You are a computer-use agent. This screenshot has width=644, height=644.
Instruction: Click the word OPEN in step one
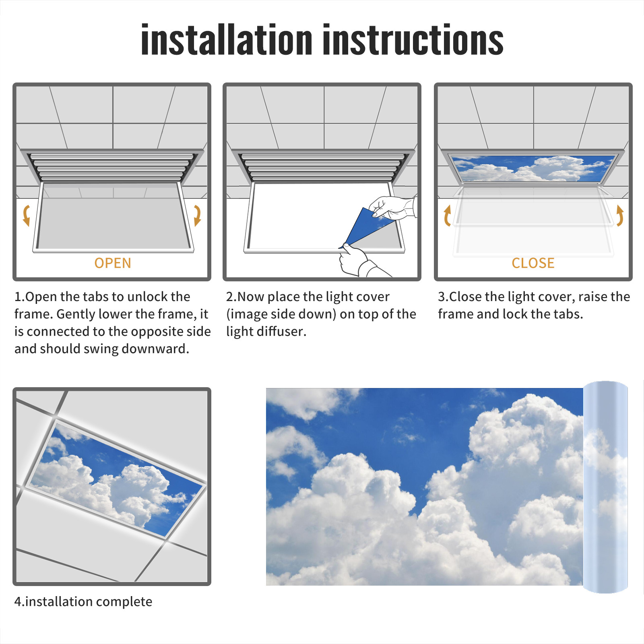pyautogui.click(x=113, y=263)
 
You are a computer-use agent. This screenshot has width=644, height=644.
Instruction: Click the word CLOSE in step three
pyautogui.click(x=533, y=263)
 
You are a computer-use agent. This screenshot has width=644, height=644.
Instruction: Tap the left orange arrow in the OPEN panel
pyautogui.click(x=27, y=215)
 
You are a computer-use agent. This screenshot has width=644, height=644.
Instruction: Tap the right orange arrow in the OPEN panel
pyautogui.click(x=197, y=215)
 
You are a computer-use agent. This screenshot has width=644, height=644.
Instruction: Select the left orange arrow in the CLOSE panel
pyautogui.click(x=447, y=215)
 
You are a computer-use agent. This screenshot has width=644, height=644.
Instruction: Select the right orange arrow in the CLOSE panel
pyautogui.click(x=620, y=215)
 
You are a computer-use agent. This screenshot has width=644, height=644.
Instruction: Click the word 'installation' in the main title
pyautogui.click(x=227, y=39)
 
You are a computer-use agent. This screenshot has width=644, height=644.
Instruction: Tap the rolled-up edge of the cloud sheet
pyautogui.click(x=605, y=487)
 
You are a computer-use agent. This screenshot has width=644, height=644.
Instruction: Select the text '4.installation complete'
pyautogui.click(x=83, y=601)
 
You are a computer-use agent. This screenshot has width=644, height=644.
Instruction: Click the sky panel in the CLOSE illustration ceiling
pyautogui.click(x=533, y=168)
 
